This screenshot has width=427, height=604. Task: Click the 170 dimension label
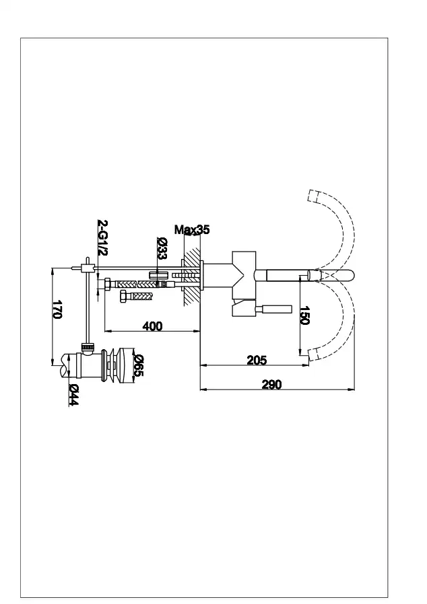(57, 309)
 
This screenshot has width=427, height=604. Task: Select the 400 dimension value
(152, 326)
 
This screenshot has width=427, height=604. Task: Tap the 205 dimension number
(257, 360)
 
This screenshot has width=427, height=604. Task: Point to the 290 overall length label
(271, 385)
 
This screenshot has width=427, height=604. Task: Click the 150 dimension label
(304, 315)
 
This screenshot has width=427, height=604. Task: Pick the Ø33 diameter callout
(162, 248)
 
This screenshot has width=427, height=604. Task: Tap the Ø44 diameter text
(74, 394)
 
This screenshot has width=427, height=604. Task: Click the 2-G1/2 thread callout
(102, 237)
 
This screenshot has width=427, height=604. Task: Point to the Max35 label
(192, 229)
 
